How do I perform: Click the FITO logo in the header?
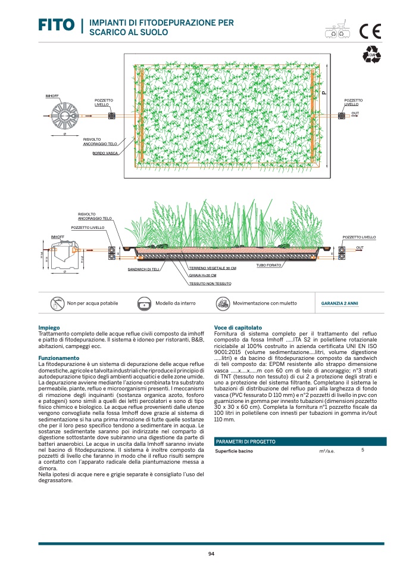click(x=56, y=26)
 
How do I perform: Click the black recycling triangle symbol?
click(x=371, y=54)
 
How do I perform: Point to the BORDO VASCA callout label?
click(x=105, y=153)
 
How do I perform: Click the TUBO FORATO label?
click(x=268, y=264)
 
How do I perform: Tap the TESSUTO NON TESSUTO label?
click(x=210, y=283)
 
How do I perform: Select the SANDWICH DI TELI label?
click(x=144, y=269)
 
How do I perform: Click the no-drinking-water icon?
click(x=57, y=303)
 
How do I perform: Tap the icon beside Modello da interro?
click(x=145, y=303)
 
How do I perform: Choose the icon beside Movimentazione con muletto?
click(x=221, y=303)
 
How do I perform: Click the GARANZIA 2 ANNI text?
click(x=339, y=303)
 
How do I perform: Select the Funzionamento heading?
click(x=58, y=358)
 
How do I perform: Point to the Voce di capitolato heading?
click(x=238, y=328)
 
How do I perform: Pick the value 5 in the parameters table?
click(x=363, y=450)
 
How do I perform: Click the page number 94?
click(x=211, y=554)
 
